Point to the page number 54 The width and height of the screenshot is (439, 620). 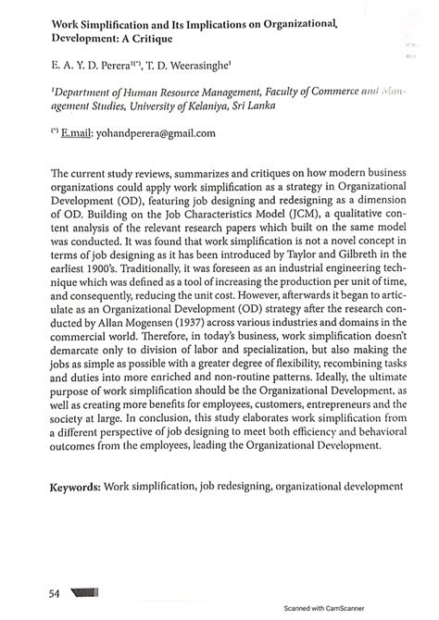click(x=43, y=591)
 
